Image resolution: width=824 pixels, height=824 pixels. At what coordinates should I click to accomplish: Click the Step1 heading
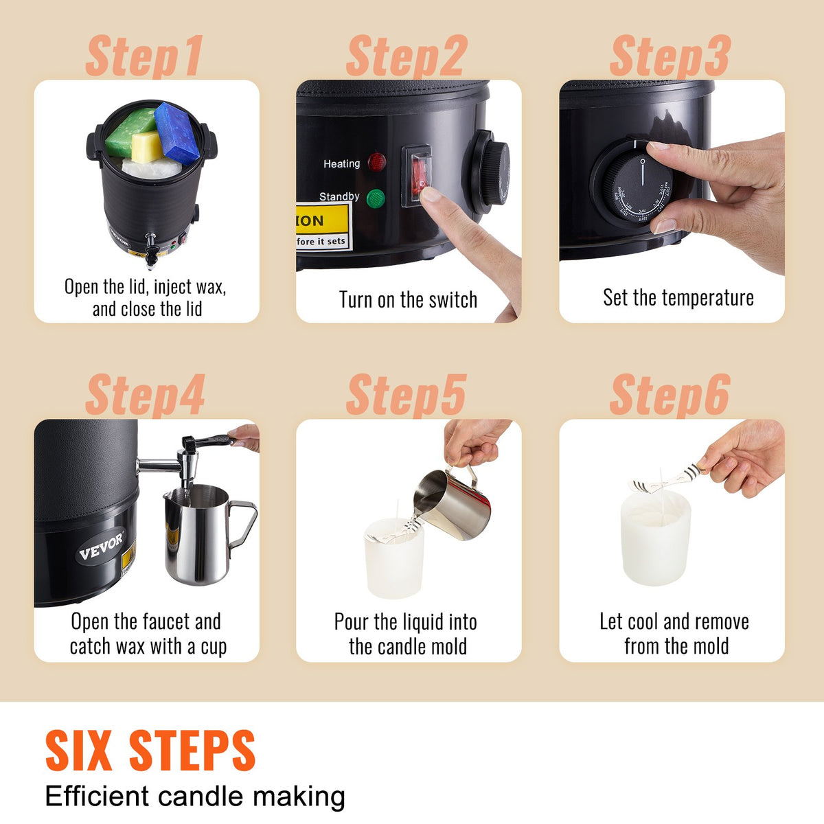coord(144,57)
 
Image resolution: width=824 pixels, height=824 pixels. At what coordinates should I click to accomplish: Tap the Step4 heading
coord(145,395)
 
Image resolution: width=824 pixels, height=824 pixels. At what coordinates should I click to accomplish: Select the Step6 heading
coord(669,395)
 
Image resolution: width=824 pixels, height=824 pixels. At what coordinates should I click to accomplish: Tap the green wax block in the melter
coord(130,131)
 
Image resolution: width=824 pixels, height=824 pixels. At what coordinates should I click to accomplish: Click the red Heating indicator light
coord(376,163)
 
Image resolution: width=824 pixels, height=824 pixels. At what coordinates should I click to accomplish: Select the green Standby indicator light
coord(376,199)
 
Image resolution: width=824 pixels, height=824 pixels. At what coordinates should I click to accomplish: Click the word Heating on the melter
coord(341,164)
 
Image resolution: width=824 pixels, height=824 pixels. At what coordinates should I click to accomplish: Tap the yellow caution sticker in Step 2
coord(323,227)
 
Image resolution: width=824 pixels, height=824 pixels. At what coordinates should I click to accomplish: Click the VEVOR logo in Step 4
coord(101,546)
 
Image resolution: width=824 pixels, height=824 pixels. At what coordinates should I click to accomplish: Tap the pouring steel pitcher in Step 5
coord(453,505)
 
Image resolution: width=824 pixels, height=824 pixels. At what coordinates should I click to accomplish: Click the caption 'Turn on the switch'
coord(408,300)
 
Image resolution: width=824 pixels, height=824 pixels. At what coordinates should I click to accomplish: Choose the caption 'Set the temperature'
coord(678,297)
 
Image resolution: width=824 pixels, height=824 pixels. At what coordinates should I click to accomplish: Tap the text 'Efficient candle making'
coord(195,797)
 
